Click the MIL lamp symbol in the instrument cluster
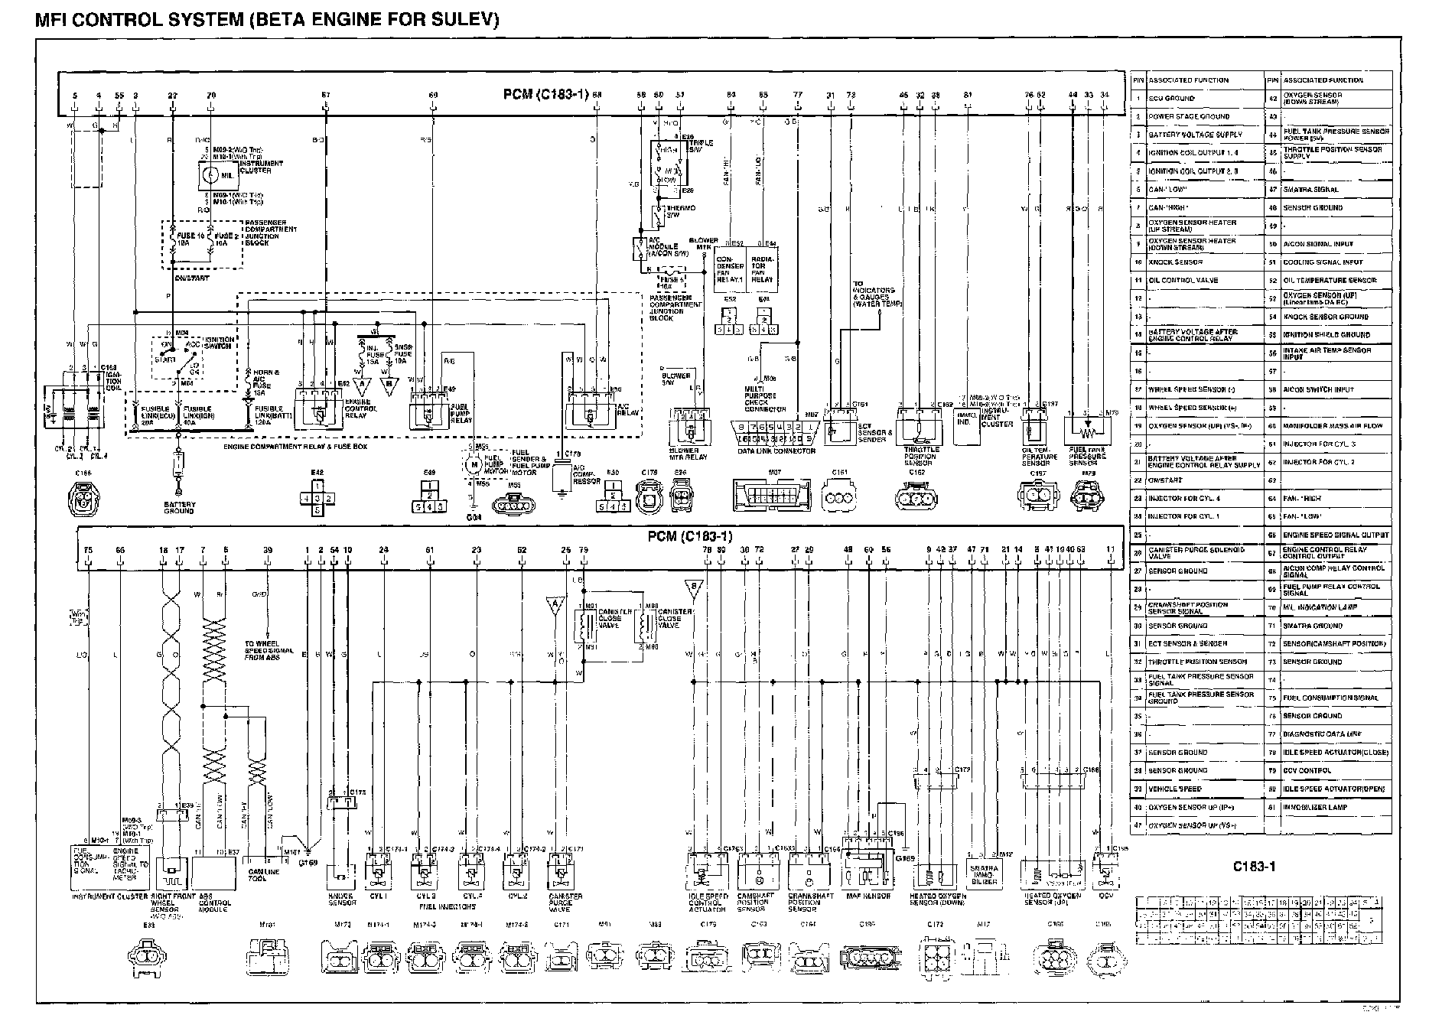[x=209, y=175]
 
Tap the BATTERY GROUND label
[x=179, y=508]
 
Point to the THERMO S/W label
[x=673, y=212]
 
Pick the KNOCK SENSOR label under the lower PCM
[x=340, y=899]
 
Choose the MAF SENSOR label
[x=867, y=896]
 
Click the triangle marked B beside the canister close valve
[x=694, y=588]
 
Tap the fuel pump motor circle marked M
[x=473, y=464]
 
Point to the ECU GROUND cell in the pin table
[x=1171, y=99]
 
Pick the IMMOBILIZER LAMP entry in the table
[x=1315, y=807]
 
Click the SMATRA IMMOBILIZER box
[x=984, y=872]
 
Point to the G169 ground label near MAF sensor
[x=905, y=858]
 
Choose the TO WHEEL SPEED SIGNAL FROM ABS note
[x=265, y=650]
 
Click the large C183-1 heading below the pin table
[x=1254, y=867]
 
